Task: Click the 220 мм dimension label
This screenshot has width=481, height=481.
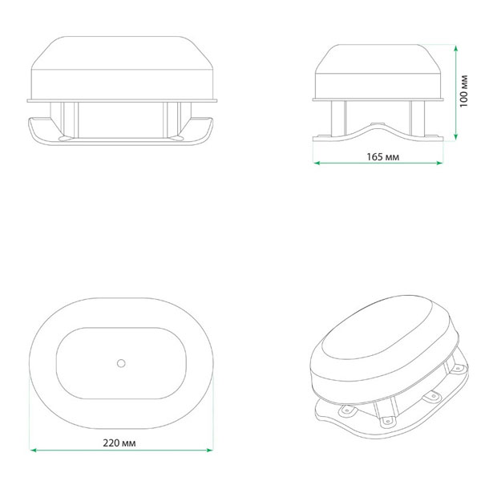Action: click(x=119, y=443)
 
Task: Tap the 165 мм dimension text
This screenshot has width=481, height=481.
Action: click(x=383, y=157)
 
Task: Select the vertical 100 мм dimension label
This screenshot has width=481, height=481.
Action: click(x=463, y=91)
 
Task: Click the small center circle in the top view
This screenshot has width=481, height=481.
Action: click(x=121, y=363)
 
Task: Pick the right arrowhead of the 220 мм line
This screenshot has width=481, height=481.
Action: click(x=210, y=450)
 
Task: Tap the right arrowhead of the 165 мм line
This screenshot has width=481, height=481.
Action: click(x=439, y=163)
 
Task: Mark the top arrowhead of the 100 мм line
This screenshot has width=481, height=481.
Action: click(x=456, y=49)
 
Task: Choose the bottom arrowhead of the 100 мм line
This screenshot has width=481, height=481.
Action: click(x=456, y=137)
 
